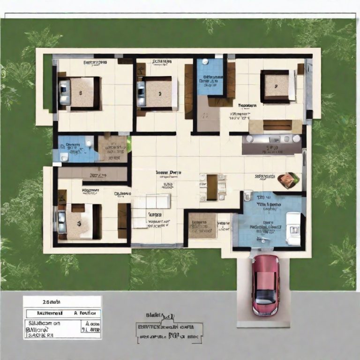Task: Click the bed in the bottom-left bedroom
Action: pos(77,221)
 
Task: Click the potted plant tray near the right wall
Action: pos(287,180)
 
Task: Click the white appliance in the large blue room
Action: pos(293,229)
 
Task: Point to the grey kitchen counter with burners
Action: pos(272,143)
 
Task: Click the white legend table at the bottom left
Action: pos(62,317)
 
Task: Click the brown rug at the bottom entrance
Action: pos(202,225)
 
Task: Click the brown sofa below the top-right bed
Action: pos(275,125)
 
